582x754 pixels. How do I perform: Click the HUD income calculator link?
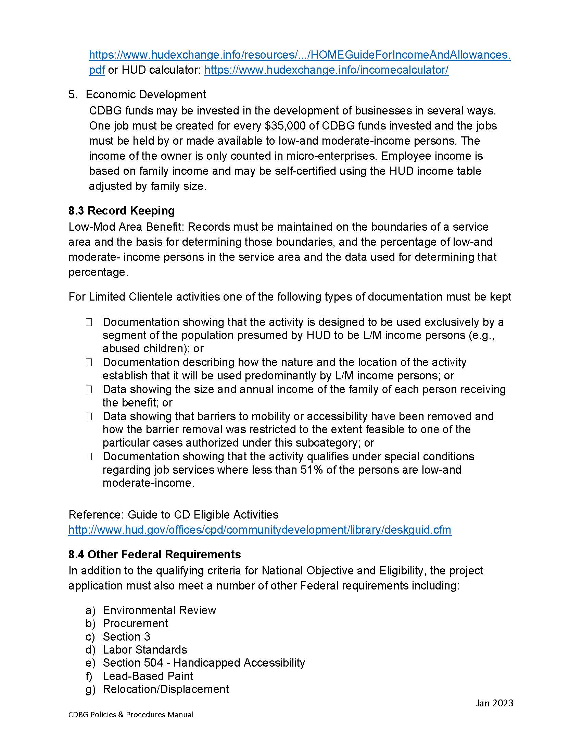pyautogui.click(x=326, y=70)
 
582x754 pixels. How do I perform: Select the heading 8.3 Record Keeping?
pyautogui.click(x=122, y=210)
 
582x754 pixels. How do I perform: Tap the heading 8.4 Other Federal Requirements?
pyautogui.click(x=154, y=555)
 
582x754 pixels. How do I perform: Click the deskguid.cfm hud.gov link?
pyautogui.click(x=260, y=530)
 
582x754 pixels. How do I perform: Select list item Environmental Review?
pyautogui.click(x=159, y=610)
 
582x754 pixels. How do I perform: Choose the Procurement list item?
pyautogui.click(x=135, y=623)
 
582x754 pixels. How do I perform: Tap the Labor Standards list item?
pyautogui.click(x=145, y=650)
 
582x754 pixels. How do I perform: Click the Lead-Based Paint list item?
pyautogui.click(x=148, y=676)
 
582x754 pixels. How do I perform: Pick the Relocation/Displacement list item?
pyautogui.click(x=165, y=689)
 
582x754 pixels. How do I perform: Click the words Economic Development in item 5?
pyautogui.click(x=146, y=95)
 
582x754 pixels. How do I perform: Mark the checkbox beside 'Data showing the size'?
pyautogui.click(x=89, y=389)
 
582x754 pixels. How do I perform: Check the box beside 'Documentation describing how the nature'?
pyautogui.click(x=89, y=363)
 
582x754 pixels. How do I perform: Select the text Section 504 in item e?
pyautogui.click(x=133, y=663)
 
